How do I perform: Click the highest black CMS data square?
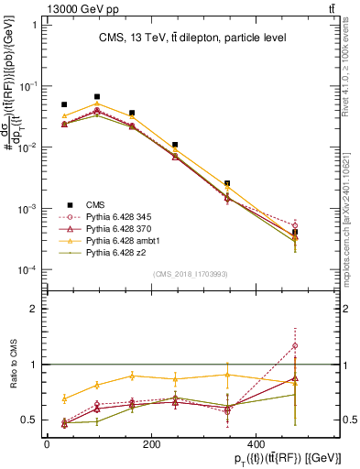97,96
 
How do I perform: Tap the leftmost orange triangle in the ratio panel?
64,398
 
